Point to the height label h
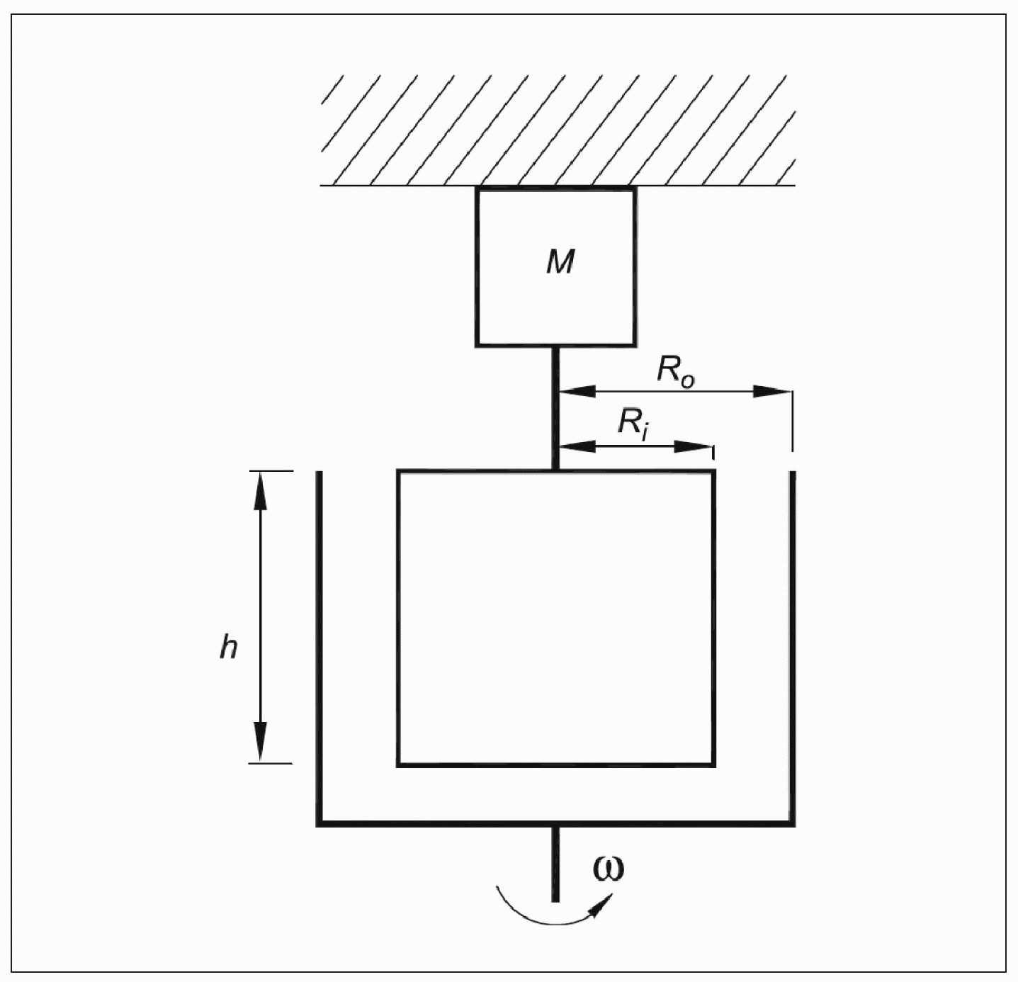228,646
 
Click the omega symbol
609,868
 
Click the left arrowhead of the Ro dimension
577,391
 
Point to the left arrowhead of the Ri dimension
577,447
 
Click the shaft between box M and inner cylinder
555,407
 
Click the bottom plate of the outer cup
555,823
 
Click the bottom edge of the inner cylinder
555,764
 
